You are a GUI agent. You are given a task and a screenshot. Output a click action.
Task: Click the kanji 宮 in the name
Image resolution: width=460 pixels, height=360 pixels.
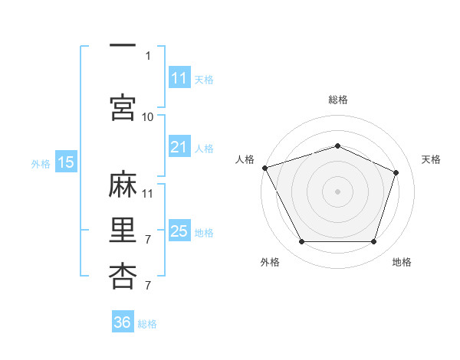pos(123,107)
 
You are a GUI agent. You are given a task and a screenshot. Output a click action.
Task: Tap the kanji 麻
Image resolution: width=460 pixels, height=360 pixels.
pos(123,184)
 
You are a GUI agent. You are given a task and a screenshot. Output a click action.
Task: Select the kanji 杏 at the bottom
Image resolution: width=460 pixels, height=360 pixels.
pos(123,277)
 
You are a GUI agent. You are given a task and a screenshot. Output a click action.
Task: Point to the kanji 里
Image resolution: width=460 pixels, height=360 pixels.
pos(123,230)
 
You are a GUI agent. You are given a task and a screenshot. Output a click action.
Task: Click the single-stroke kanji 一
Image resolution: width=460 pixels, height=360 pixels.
pos(123,45)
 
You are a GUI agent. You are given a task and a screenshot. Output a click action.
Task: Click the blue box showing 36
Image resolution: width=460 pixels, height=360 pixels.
pos(123,321)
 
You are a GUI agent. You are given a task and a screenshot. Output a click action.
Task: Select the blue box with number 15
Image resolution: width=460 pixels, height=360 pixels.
pos(66,162)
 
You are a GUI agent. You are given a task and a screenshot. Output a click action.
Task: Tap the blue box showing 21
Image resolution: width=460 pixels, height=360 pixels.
pos(179,146)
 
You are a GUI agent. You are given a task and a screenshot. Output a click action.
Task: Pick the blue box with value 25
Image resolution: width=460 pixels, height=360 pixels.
pos(179,230)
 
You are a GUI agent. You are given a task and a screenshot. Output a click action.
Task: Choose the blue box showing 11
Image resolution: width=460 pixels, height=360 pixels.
pos(179,77)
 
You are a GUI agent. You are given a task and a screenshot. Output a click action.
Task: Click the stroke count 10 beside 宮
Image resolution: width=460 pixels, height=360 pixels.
pos(147,117)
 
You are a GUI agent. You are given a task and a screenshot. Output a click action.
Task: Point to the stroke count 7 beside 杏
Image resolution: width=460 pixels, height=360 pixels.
pos(148,285)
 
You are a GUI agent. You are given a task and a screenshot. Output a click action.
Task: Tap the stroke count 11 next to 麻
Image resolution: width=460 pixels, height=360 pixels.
pos(147,194)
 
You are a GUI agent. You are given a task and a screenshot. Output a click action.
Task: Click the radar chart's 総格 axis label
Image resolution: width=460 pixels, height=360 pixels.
pos(338,100)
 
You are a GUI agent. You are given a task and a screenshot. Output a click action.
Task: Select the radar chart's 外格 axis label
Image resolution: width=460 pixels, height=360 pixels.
pos(270,262)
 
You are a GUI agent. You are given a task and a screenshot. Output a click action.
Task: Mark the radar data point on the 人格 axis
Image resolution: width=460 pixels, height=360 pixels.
pos(265,168)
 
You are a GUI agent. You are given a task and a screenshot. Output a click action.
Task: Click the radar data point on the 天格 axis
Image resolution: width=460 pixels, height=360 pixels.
pos(396,172)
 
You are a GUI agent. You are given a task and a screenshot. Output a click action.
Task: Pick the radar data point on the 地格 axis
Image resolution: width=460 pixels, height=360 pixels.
pos(373,241)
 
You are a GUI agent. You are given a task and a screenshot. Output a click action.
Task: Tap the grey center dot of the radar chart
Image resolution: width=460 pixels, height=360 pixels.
pos(337,191)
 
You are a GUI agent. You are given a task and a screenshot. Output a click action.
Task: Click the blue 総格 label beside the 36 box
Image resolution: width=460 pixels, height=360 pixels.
pos(147,324)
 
